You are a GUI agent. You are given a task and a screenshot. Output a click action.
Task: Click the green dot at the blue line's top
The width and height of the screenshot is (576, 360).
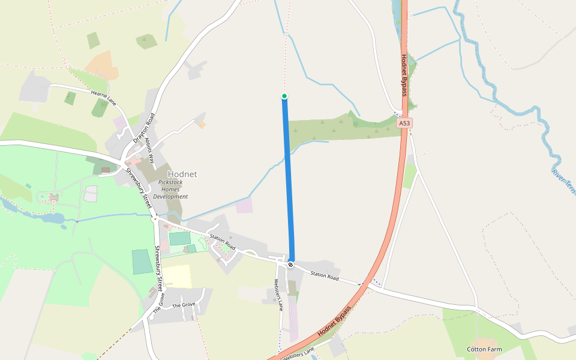(x=284, y=96)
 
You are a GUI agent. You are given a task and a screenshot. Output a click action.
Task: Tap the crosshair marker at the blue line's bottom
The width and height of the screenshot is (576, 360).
(x=291, y=264)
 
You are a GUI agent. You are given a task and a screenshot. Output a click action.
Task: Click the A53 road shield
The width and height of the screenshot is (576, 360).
(x=404, y=123)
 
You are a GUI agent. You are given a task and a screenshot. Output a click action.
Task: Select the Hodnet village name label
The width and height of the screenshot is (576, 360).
(x=182, y=174)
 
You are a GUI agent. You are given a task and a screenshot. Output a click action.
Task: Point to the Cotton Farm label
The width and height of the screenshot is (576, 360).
(x=484, y=349)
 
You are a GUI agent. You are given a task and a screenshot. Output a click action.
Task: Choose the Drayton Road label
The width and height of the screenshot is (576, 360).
(x=143, y=127)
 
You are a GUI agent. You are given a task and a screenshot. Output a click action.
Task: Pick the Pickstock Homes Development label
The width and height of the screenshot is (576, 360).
(x=170, y=189)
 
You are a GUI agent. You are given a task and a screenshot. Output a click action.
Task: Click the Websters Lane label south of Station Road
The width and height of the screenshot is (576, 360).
(x=278, y=295)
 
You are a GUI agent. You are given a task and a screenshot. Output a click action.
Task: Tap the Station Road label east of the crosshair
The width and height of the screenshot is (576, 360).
(x=325, y=277)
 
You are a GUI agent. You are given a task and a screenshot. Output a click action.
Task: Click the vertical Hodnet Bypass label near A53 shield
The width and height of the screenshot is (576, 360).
(x=404, y=74)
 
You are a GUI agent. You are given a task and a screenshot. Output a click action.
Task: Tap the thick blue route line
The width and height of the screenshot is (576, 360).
(x=288, y=180)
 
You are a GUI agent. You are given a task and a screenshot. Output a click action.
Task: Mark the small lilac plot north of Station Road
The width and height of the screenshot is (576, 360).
(x=244, y=206)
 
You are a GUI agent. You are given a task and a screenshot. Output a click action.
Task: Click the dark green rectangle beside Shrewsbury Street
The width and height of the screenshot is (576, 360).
(x=142, y=262)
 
